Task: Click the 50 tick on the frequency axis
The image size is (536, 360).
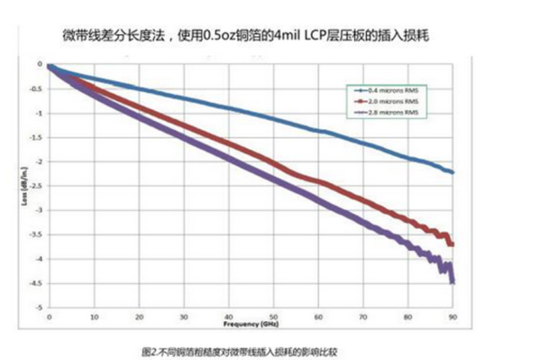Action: [x=274, y=315]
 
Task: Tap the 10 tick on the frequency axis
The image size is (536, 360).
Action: [x=94, y=315]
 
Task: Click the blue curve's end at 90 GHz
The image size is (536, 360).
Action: [x=454, y=172]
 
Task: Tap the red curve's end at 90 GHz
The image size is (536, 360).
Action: [x=453, y=244]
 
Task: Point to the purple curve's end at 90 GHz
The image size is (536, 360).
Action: [x=453, y=281]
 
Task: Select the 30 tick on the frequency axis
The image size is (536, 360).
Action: [x=184, y=315]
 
